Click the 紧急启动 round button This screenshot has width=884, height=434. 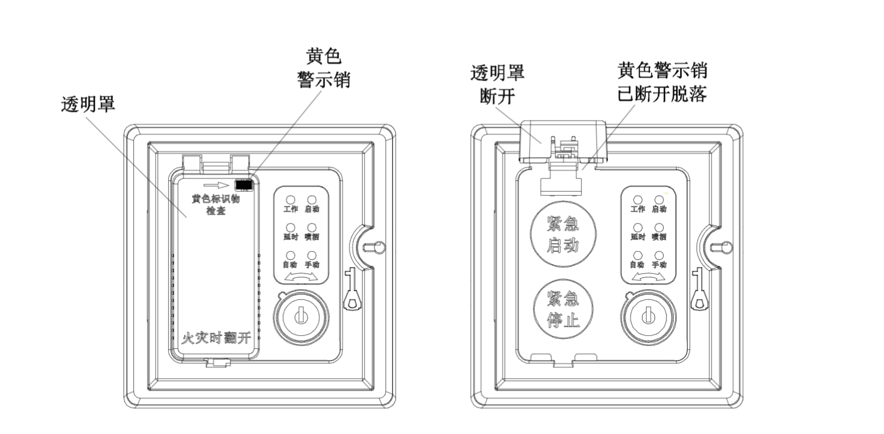pos(562,233)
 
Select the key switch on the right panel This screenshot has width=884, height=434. pos(648,316)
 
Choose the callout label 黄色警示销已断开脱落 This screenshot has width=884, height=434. pos(661,82)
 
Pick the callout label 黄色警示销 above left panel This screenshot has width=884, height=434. pos(323,68)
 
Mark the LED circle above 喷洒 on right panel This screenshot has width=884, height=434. pos(659,228)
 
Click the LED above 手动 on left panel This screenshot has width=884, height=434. pos(312,256)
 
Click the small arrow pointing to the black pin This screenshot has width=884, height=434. pos(218,184)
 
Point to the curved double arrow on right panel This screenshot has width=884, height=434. pos(649,276)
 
